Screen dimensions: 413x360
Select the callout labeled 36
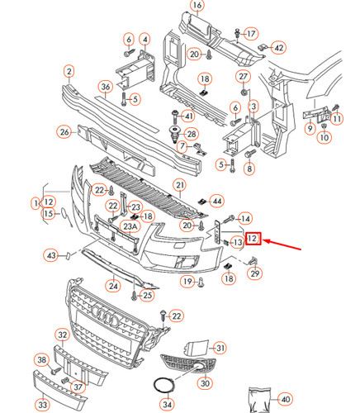(106, 86)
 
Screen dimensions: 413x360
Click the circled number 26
(64, 131)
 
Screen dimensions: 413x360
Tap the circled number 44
(217, 201)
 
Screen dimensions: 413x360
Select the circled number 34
(167, 405)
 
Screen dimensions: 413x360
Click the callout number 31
(219, 347)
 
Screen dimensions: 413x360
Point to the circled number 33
(40, 405)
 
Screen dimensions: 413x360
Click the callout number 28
(192, 134)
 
